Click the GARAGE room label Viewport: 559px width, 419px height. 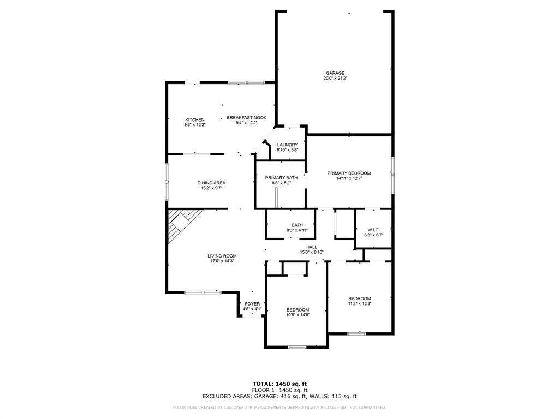tap(335, 73)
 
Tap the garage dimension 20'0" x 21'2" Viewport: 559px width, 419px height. tap(335, 79)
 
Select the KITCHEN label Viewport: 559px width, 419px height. tap(195, 119)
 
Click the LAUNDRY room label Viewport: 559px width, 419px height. tap(287, 145)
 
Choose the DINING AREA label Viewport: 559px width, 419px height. tap(211, 183)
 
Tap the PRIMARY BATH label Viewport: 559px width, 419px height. tap(281, 178)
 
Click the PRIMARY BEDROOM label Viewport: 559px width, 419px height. tap(349, 173)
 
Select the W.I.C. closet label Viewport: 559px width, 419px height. tap(373, 230)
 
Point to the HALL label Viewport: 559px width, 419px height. tap(312, 247)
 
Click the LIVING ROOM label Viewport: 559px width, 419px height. tap(222, 255)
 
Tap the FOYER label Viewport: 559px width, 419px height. tap(252, 304)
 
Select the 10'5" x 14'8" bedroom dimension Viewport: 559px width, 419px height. tap(298, 315)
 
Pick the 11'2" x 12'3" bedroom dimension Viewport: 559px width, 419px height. tap(360, 303)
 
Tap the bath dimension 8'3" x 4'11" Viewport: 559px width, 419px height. tap(297, 230)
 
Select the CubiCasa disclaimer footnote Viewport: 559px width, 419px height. tap(279, 407)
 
